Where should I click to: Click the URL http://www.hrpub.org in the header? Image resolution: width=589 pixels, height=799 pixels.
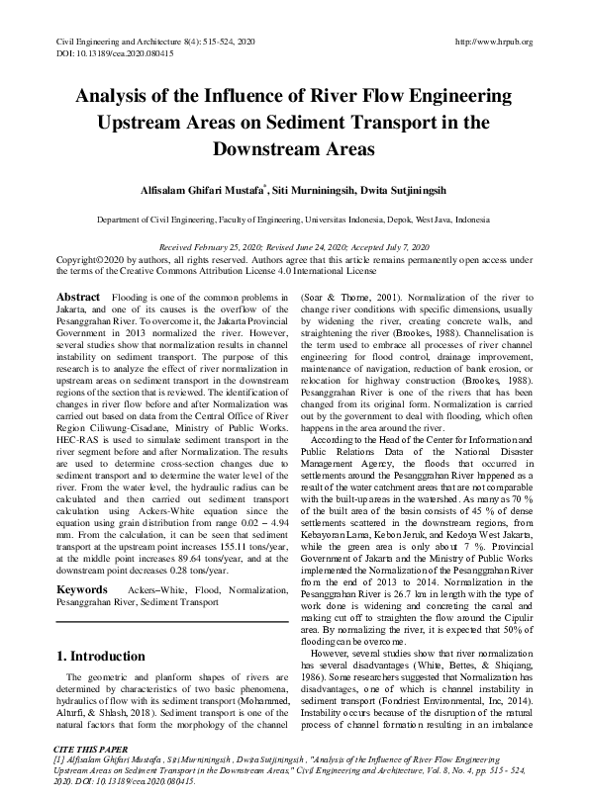[493, 42]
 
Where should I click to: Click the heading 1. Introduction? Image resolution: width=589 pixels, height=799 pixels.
[102, 655]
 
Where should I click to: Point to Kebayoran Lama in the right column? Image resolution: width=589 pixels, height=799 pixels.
[334, 452]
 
